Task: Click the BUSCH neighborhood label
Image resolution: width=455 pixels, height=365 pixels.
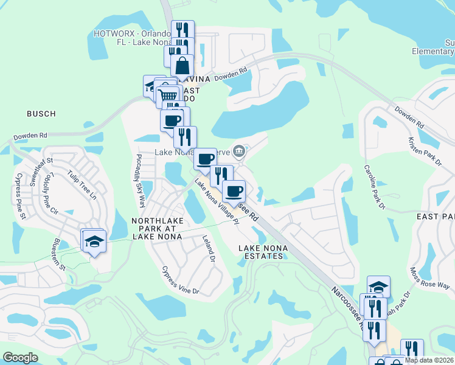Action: coord(41,114)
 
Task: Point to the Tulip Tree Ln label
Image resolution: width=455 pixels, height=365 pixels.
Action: coord(82,184)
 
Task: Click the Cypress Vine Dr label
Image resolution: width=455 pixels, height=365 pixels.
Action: coord(180,280)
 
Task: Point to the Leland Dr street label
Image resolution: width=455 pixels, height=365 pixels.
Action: coord(209,249)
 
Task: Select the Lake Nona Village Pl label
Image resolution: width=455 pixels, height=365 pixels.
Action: coord(218,200)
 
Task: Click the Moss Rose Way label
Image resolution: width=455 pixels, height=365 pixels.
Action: coord(429,278)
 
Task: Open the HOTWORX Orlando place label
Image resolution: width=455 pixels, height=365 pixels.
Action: coord(131,38)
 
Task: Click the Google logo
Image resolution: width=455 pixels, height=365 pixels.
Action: coord(20,357)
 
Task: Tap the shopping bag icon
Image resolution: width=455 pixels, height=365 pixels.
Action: coord(182,65)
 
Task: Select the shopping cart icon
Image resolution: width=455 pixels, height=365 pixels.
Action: coord(167,96)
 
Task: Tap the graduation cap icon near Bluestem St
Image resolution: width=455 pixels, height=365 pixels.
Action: coord(94,241)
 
